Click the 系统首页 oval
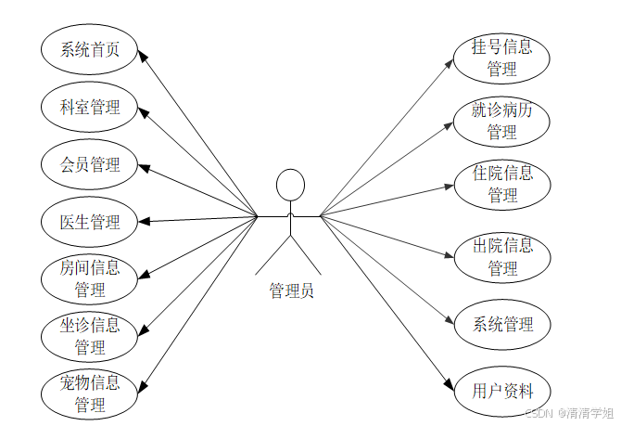click(x=90, y=50)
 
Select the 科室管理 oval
click(x=90, y=107)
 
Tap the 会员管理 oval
click(x=90, y=164)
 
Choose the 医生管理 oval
click(x=90, y=222)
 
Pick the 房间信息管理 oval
click(x=90, y=278)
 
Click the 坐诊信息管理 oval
click(x=90, y=336)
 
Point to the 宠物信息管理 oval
click(x=90, y=394)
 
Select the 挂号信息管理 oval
click(x=501, y=58)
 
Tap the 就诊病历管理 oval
click(x=501, y=122)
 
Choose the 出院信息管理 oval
click(x=501, y=257)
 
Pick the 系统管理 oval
click(x=501, y=324)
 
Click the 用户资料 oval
click(x=501, y=391)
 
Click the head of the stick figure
click(x=290, y=184)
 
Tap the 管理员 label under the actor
click(x=291, y=290)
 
